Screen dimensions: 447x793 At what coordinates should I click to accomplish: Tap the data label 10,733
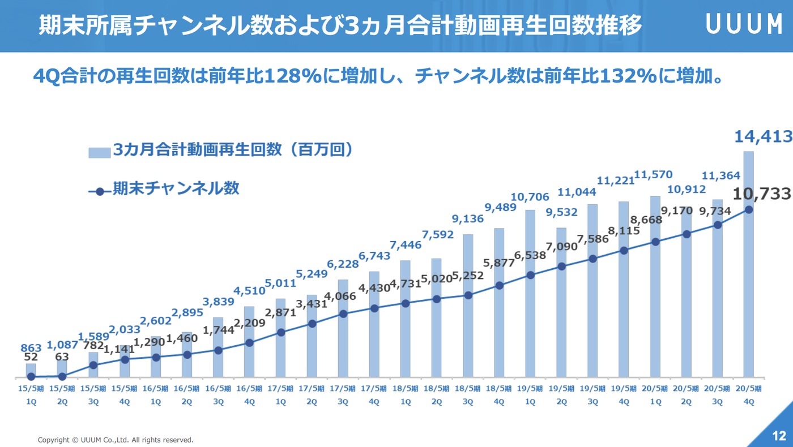[x=761, y=194]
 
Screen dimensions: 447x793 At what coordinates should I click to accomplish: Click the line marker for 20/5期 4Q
[x=749, y=209]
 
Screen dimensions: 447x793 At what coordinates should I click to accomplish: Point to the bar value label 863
[x=31, y=348]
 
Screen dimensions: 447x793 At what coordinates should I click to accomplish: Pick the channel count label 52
[x=31, y=358]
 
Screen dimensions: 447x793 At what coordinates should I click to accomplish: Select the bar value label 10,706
[x=530, y=197]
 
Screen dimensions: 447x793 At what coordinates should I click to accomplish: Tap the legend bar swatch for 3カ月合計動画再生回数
[x=99, y=153]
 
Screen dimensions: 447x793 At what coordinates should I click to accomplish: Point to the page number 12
[x=779, y=436]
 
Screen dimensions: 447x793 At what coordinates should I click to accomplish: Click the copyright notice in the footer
[x=116, y=440]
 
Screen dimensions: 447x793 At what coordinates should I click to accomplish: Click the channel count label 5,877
[x=499, y=263]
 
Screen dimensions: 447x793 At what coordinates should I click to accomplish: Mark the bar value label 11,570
[x=655, y=175]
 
